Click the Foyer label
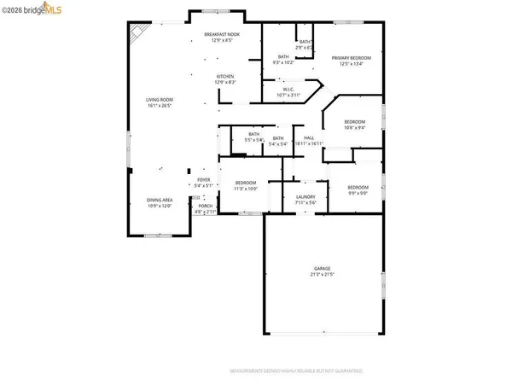point(202,182)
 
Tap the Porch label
point(205,208)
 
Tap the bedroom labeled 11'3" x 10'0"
point(246,185)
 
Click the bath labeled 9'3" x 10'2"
point(283,60)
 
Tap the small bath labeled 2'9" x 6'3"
point(305,44)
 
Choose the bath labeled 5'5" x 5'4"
point(253,137)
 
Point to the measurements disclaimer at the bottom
point(296,372)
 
